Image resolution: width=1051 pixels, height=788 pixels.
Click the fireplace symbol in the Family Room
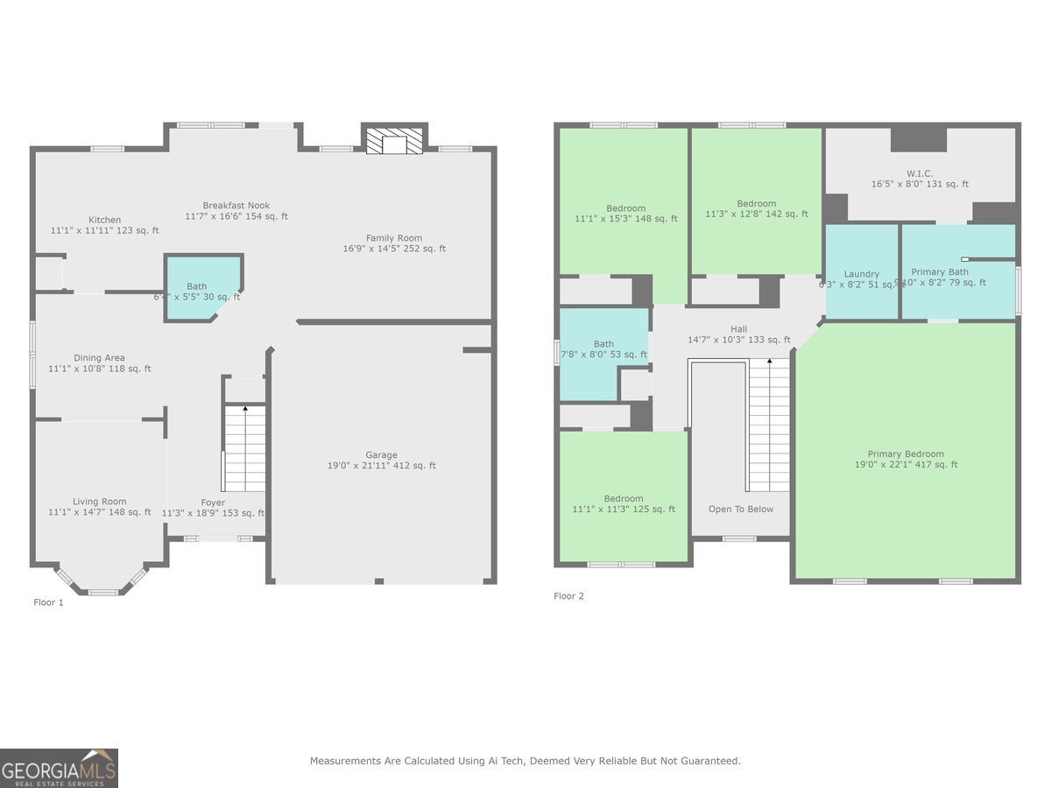click(395, 143)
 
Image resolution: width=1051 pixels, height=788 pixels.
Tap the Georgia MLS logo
click(59, 768)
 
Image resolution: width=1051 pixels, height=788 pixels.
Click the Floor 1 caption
click(49, 602)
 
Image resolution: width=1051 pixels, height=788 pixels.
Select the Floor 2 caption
click(568, 596)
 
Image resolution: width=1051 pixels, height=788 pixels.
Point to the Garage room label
click(381, 455)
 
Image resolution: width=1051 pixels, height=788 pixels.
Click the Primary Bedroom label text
click(906, 454)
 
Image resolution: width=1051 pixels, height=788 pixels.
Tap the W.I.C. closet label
click(920, 173)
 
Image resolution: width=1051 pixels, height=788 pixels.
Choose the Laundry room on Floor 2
click(862, 273)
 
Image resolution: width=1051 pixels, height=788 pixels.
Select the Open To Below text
click(741, 510)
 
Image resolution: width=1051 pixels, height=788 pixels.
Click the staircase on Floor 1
click(244, 448)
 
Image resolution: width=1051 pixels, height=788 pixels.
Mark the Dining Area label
click(99, 358)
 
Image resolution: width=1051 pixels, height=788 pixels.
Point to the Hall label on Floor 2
click(739, 329)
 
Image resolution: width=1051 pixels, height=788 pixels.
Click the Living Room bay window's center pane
click(102, 593)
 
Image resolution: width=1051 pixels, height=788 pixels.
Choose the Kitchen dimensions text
click(104, 231)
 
